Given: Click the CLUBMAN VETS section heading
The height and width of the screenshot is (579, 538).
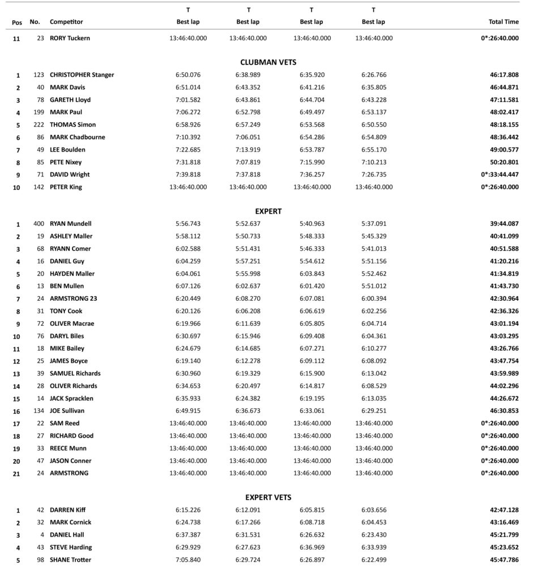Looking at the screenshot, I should [268, 62].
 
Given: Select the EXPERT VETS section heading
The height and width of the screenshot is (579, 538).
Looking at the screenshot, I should [268, 498].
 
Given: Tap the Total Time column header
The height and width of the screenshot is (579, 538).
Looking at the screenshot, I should [503, 22].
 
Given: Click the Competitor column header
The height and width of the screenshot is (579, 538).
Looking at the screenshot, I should [66, 22].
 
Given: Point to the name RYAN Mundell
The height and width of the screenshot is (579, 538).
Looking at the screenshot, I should [70, 224].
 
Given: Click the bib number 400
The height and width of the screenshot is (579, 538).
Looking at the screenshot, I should [39, 224].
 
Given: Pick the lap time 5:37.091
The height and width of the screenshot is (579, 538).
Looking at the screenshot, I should [373, 224].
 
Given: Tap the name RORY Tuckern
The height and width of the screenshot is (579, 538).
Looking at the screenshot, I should [70, 38].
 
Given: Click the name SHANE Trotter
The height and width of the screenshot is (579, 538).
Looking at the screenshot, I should [70, 560].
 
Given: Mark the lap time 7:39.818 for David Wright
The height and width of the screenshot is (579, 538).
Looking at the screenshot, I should [188, 175].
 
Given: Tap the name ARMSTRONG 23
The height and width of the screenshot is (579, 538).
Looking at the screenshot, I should [73, 299].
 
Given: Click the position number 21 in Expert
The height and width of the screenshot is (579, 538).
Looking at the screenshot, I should [18, 473].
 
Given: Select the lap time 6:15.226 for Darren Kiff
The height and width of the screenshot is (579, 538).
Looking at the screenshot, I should [188, 510].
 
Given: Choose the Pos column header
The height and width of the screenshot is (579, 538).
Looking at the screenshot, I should [17, 23].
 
